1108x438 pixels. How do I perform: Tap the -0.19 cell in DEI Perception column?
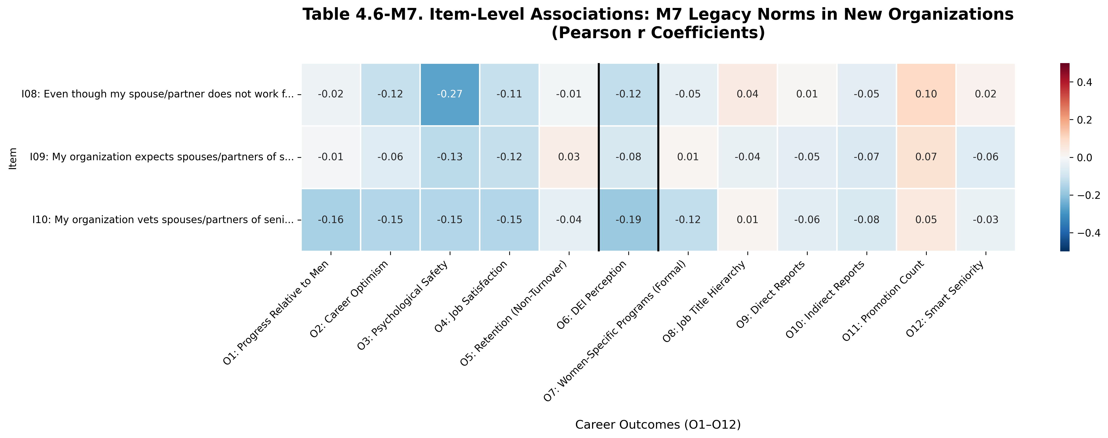point(628,220)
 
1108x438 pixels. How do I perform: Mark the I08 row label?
point(157,94)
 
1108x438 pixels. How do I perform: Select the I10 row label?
point(163,220)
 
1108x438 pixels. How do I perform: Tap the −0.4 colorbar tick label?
point(1088,232)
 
